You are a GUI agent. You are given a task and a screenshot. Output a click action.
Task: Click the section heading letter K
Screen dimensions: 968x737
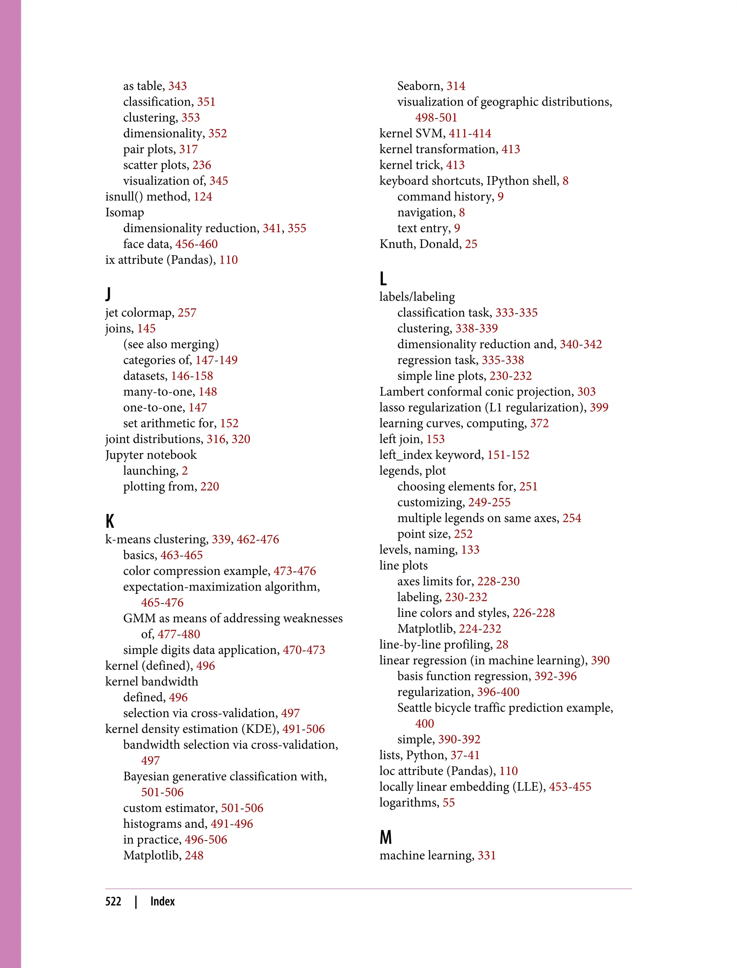110,521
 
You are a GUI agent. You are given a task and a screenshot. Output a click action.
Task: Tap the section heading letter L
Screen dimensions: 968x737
383,279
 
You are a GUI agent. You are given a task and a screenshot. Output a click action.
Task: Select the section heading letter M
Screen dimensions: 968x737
386,837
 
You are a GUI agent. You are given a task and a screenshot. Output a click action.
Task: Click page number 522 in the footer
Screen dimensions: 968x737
113,901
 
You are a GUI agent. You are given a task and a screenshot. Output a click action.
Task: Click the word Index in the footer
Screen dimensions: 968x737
162,901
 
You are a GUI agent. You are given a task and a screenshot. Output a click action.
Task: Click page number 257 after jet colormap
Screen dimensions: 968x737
187,313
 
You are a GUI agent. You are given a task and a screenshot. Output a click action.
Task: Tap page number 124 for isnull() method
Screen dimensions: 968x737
203,197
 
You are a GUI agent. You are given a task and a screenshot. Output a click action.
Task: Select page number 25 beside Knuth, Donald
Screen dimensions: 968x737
471,244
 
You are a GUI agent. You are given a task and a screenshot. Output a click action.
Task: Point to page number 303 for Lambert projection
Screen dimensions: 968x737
586,391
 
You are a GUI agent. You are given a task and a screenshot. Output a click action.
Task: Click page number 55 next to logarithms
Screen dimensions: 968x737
448,802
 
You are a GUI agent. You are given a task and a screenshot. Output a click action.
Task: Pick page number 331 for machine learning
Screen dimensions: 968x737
487,855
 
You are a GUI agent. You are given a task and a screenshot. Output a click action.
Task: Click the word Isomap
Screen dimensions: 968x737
125,212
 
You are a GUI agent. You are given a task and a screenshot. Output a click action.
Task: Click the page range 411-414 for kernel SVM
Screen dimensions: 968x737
470,134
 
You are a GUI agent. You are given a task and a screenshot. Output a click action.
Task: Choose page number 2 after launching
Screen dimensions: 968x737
185,471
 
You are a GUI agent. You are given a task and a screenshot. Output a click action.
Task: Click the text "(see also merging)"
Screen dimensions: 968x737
171,344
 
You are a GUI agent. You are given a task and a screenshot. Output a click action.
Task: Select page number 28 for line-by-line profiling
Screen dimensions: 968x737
502,645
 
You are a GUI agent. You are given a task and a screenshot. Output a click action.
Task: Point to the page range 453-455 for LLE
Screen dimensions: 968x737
570,787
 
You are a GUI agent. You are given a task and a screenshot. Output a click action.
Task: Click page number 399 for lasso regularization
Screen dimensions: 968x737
599,407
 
